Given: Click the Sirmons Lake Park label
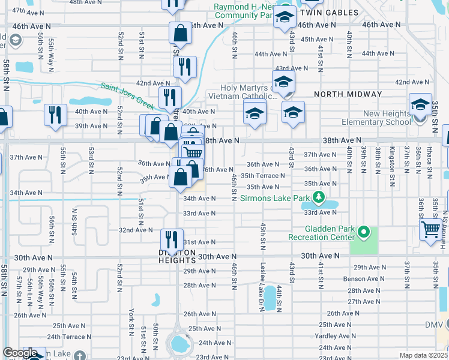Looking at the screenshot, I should click(x=275, y=197).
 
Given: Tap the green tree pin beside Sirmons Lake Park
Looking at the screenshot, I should click(x=319, y=197).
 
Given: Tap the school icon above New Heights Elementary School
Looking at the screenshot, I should click(x=421, y=104).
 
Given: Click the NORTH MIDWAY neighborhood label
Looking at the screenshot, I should click(x=348, y=94).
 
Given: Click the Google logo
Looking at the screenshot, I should click(x=20, y=353).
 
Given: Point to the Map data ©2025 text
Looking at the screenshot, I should click(x=423, y=355).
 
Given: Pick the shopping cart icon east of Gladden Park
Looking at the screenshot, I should click(x=430, y=229).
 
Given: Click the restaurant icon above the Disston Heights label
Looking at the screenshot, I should click(x=172, y=239).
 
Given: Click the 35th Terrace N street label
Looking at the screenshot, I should click(x=262, y=176).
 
